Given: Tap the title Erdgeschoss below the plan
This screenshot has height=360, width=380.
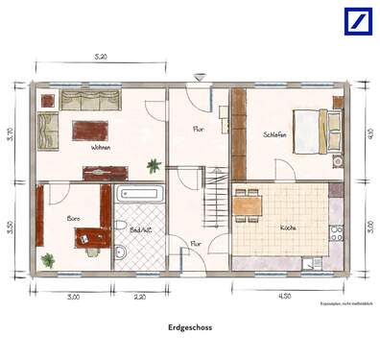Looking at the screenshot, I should tap(190, 326).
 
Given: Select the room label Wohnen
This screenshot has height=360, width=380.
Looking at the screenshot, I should tap(100, 148).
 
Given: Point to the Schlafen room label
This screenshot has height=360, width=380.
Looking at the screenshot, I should tap(275, 135).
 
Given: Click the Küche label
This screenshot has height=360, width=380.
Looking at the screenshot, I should tap(288, 228).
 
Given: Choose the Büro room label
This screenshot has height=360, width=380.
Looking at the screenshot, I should tap(73, 219).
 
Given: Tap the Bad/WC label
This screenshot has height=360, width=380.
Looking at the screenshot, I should tap(140, 230).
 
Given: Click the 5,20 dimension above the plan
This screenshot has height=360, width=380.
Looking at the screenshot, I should tap(101, 58).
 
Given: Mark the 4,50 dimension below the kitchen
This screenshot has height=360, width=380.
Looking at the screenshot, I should tap(284, 297).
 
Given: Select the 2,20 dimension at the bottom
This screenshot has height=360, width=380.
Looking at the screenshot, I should tap(139, 297).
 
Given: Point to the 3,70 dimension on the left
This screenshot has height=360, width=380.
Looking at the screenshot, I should tap(11, 134).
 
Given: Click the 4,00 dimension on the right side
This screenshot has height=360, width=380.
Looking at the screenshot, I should tap(369, 134).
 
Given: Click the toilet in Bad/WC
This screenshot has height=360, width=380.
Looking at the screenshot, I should tap(121, 252).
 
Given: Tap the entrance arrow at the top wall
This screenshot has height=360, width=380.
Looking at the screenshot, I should tap(199, 76).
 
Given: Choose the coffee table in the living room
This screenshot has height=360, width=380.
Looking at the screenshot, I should tap(91, 130).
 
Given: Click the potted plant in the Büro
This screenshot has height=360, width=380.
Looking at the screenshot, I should tap(48, 258).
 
